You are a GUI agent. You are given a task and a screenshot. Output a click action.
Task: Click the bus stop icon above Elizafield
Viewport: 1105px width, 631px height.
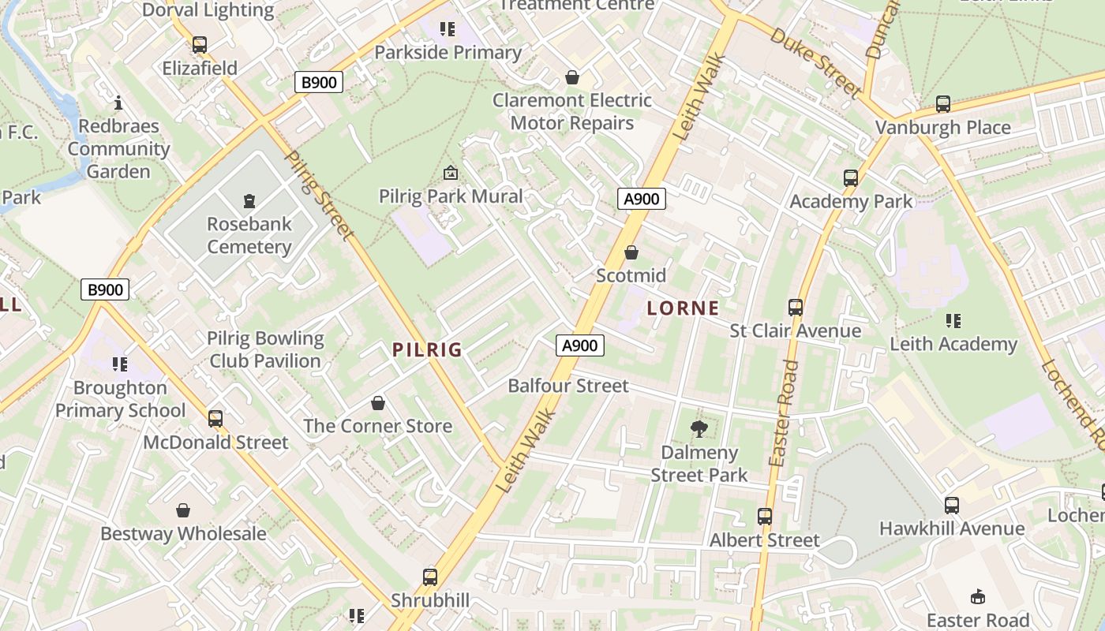click(200, 45)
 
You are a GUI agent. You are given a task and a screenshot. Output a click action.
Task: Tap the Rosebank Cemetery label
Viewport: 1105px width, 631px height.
click(249, 235)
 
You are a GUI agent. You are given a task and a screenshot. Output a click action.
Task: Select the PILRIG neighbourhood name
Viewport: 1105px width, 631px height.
click(427, 349)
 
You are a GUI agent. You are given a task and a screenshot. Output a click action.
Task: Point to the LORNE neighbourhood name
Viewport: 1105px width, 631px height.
click(683, 308)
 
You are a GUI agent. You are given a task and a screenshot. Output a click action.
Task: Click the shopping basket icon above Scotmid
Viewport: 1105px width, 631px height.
click(631, 252)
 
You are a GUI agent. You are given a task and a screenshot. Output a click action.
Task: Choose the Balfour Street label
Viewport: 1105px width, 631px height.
click(568, 386)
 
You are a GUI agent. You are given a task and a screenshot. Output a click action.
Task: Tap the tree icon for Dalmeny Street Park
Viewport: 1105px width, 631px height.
click(699, 429)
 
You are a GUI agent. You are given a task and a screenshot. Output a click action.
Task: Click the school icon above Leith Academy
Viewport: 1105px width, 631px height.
click(953, 321)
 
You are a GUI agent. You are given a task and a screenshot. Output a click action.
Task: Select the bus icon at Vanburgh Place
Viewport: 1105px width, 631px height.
click(942, 104)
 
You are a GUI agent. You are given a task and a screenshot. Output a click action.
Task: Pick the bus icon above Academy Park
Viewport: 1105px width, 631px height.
click(851, 178)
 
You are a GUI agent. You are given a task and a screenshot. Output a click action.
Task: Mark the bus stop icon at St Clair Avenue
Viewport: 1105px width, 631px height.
click(796, 308)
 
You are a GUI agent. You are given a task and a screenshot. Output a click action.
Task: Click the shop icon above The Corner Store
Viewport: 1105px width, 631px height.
click(378, 403)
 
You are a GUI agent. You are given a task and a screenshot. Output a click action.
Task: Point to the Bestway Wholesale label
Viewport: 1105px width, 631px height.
click(183, 533)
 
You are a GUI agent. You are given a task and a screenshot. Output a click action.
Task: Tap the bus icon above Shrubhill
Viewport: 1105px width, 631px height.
click(430, 577)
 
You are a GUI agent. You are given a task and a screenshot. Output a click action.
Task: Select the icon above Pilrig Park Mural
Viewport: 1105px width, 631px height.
click(451, 173)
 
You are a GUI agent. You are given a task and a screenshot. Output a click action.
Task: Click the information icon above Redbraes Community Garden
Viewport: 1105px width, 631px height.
click(118, 103)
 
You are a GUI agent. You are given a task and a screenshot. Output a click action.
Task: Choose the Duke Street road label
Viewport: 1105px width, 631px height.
click(815, 62)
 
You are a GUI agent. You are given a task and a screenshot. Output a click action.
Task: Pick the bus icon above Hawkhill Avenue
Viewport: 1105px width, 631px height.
click(952, 506)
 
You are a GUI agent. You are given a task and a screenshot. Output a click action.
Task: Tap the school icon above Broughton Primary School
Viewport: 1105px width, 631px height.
click(120, 364)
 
